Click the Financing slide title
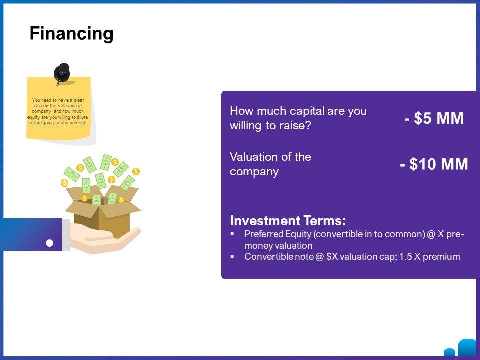(71, 33)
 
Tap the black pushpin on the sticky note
(62, 73)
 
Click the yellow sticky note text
(58, 111)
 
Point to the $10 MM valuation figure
(434, 164)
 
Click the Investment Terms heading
(288, 220)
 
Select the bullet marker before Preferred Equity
(232, 234)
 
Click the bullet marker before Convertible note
(232, 256)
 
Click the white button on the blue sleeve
(49, 243)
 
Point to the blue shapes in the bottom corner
(462, 348)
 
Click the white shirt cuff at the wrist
(66, 235)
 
